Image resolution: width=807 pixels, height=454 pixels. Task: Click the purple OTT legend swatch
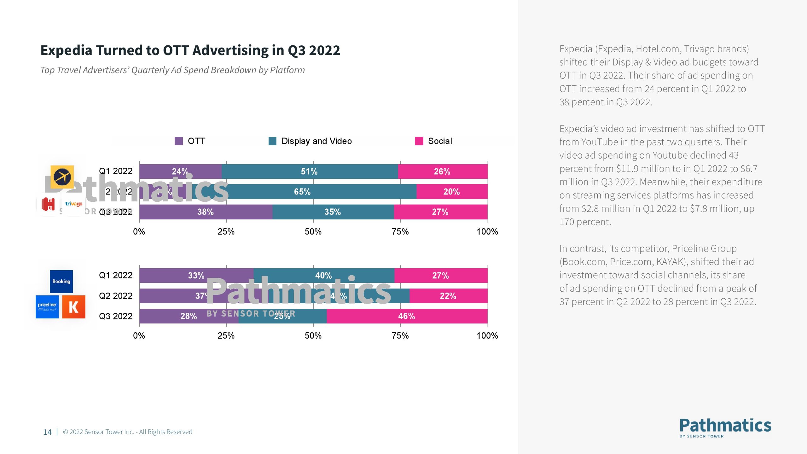[179, 141]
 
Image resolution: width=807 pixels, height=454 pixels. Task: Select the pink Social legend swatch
[419, 141]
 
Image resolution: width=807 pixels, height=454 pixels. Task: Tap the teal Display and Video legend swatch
[272, 141]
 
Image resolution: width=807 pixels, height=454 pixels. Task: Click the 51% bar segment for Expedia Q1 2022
[310, 172]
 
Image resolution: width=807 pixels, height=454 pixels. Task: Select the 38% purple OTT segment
[206, 212]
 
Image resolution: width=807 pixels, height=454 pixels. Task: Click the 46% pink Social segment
[407, 316]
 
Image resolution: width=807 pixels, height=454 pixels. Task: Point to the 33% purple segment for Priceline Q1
[196, 276]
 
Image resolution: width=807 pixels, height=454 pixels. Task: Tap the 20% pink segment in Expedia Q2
[452, 192]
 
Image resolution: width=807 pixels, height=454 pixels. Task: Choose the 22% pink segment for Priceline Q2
[448, 296]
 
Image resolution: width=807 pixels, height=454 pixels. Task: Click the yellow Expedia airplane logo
[62, 177]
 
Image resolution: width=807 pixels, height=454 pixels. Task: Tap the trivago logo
[74, 204]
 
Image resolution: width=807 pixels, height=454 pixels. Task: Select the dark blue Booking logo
[61, 281]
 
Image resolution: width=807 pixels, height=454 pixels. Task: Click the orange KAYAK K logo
[73, 307]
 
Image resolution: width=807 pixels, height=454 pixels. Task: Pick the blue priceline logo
[47, 307]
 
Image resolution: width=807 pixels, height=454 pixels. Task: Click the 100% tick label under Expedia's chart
[487, 232]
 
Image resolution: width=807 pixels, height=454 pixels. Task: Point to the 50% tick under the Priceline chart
[313, 336]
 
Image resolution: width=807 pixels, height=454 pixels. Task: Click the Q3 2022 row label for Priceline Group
[116, 316]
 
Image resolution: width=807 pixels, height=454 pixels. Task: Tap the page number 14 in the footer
[47, 432]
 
